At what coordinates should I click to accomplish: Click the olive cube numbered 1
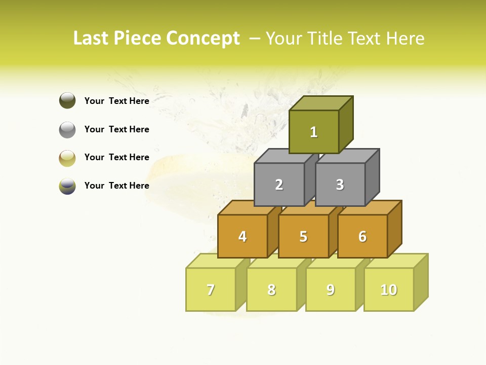pyautogui.click(x=313, y=132)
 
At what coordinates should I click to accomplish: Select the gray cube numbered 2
pyautogui.click(x=279, y=185)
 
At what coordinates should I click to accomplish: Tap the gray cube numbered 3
pyautogui.click(x=340, y=185)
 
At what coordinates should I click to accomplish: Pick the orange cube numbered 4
pyautogui.click(x=242, y=236)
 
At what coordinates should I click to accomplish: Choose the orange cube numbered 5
pyautogui.click(x=303, y=236)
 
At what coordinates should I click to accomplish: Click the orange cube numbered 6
pyautogui.click(x=362, y=236)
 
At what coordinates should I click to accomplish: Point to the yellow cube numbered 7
pyautogui.click(x=211, y=289)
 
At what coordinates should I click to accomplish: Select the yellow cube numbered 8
pyautogui.click(x=271, y=289)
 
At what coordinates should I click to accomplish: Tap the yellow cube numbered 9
pyautogui.click(x=330, y=289)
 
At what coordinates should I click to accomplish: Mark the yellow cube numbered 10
pyautogui.click(x=388, y=289)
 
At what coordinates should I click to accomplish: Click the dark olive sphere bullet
pyautogui.click(x=67, y=100)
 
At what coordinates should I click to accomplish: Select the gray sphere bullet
pyautogui.click(x=67, y=129)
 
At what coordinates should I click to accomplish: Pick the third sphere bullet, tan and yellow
pyautogui.click(x=67, y=158)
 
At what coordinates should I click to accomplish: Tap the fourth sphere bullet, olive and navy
pyautogui.click(x=67, y=186)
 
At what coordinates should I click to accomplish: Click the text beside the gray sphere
pyautogui.click(x=116, y=129)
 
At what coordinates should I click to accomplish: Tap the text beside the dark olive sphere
pyautogui.click(x=116, y=101)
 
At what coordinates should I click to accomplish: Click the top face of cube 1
pyautogui.click(x=320, y=103)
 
